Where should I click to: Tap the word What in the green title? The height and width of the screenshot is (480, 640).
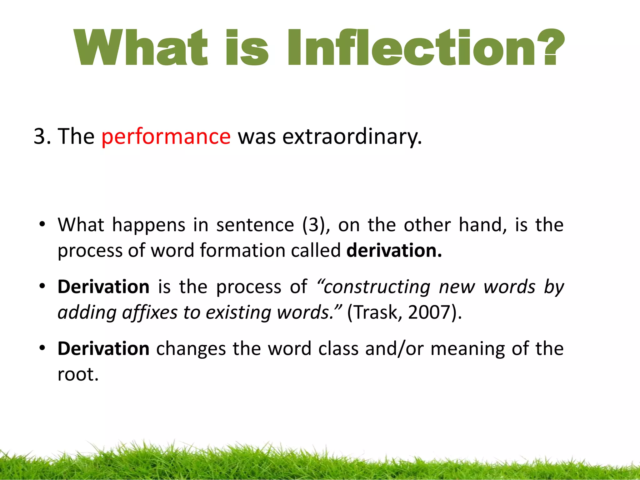pyautogui.click(x=141, y=47)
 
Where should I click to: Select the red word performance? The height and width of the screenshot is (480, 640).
pyautogui.click(x=166, y=137)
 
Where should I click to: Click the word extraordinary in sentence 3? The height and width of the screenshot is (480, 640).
pyautogui.click(x=352, y=137)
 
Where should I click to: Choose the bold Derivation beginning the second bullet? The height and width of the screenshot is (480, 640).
pyautogui.click(x=103, y=287)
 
